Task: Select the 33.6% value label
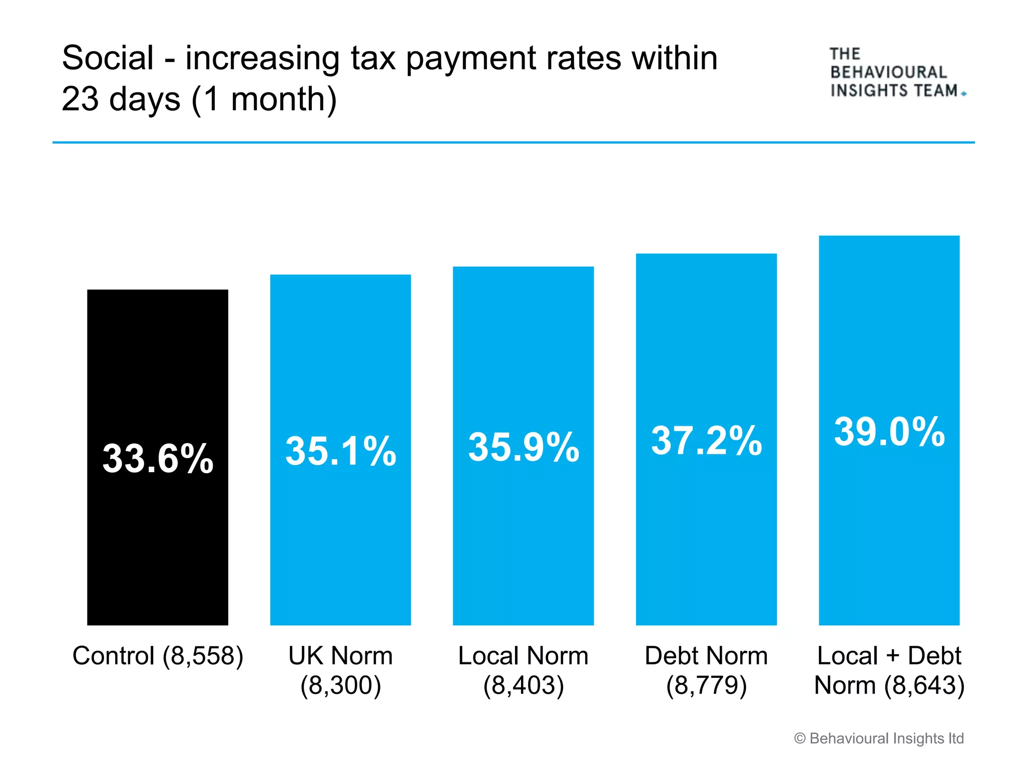tap(158, 459)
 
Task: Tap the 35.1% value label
tap(341, 451)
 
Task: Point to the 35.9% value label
tap(524, 447)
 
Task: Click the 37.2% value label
tap(706, 441)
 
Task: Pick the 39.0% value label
tap(889, 432)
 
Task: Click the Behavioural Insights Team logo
tap(896, 73)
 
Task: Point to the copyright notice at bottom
tap(879, 738)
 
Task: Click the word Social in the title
tap(108, 58)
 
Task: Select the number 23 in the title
tap(80, 99)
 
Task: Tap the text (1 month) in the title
tap(264, 99)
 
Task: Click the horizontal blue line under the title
tap(514, 143)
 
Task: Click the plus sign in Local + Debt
tap(893, 656)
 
